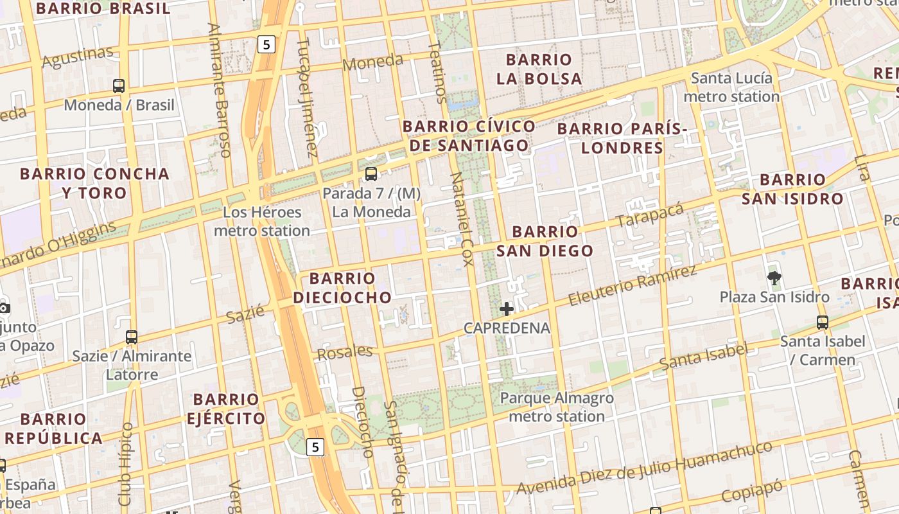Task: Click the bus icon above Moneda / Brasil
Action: point(119,85)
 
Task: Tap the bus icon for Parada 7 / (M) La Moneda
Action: point(371,173)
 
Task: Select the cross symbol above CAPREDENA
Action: point(507,309)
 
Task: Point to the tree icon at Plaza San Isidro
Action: point(774,278)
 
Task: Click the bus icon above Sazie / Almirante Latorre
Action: point(132,337)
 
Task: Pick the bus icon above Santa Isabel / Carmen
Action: point(822,322)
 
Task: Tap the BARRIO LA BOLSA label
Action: point(543,69)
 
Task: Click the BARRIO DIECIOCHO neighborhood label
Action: point(342,288)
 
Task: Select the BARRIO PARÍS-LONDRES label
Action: point(622,138)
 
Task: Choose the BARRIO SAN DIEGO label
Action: point(545,241)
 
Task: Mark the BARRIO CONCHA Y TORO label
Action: point(94,183)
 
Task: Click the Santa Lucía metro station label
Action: point(731,87)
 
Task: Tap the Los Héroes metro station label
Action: point(262,221)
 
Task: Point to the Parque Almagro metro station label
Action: point(557,407)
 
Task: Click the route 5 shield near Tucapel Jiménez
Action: point(266,44)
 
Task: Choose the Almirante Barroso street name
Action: point(219,90)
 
